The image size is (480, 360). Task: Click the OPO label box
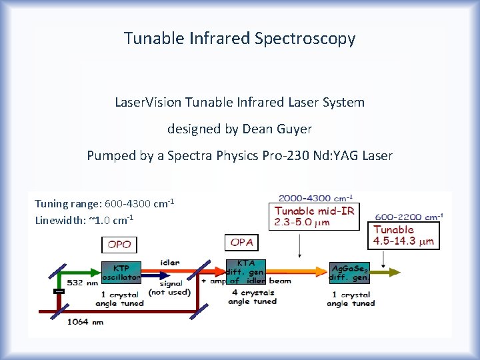(x=119, y=245)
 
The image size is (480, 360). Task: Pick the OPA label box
(x=241, y=243)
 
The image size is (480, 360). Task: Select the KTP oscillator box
(x=121, y=273)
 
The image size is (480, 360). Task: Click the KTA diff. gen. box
(x=246, y=271)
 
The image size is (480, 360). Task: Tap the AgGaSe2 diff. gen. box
(x=349, y=272)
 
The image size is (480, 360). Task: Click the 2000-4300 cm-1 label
(x=315, y=198)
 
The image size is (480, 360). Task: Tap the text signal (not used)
(x=169, y=287)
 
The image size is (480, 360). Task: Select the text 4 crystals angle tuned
(x=252, y=297)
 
